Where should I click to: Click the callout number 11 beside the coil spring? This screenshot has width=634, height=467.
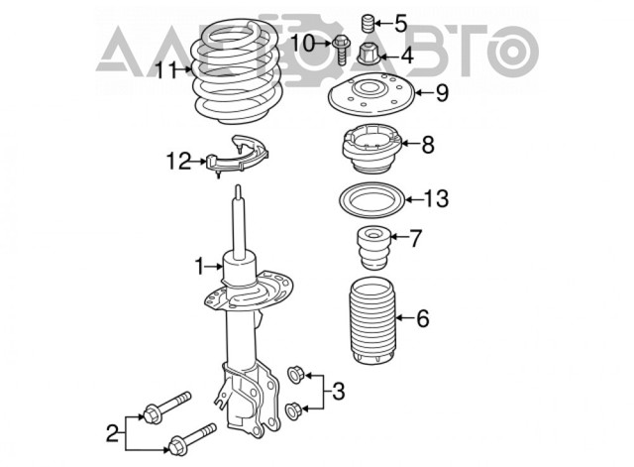tap(166, 70)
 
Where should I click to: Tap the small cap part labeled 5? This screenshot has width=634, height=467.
tap(367, 24)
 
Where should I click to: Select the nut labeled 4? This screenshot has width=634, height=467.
tap(369, 55)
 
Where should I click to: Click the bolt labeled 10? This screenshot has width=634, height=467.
tap(341, 50)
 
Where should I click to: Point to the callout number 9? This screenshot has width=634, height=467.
tap(442, 92)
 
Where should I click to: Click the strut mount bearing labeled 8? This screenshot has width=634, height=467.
tap(371, 148)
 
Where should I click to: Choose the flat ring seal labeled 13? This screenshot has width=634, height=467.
tap(371, 200)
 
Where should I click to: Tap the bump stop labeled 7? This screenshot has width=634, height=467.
tap(373, 247)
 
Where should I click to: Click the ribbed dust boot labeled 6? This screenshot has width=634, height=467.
tap(372, 320)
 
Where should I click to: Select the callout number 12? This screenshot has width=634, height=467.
tap(178, 162)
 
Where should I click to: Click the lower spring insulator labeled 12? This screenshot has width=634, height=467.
tap(238, 158)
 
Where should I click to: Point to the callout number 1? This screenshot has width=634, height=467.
tap(200, 267)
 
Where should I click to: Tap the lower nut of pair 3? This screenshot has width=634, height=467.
tap(292, 410)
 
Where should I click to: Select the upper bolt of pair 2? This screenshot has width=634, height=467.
tap(166, 408)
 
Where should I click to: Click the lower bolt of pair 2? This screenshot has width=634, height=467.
tap(192, 439)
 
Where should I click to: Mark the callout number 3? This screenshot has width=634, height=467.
tap(338, 392)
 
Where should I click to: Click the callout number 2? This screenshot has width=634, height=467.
tap(112, 433)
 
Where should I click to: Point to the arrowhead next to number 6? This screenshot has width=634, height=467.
tap(399, 317)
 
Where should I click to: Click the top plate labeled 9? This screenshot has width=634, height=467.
tap(372, 94)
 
